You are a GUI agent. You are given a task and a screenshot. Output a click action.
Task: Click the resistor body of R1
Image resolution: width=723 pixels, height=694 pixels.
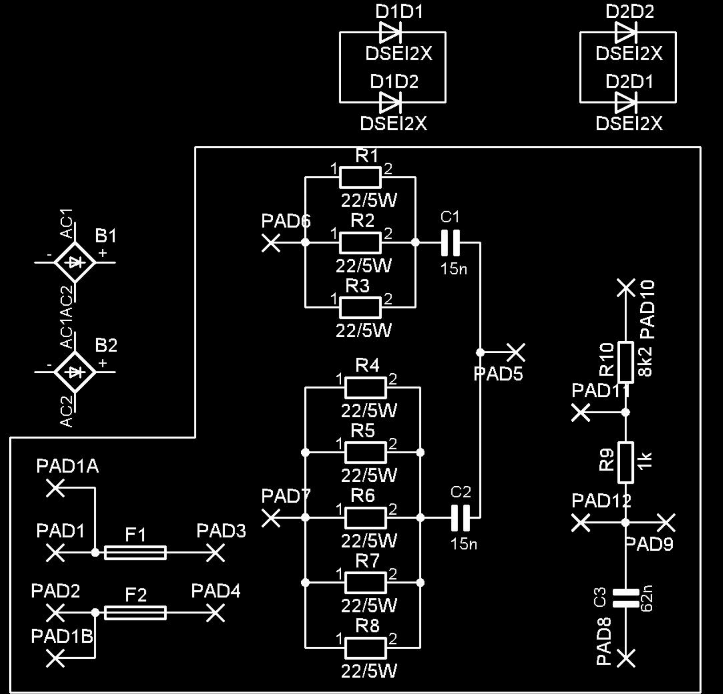[x=360, y=177]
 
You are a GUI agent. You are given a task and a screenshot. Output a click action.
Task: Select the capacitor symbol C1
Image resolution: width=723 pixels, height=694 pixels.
[x=450, y=243]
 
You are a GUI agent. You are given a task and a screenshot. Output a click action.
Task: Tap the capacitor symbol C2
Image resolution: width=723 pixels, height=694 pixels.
[x=460, y=518]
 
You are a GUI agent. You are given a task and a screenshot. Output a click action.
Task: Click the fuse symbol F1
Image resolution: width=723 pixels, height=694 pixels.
[x=135, y=553]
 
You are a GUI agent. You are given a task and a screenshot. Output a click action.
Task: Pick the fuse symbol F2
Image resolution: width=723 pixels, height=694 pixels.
[x=135, y=613]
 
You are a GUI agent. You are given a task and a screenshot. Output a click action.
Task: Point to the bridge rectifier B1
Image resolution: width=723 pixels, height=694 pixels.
[x=75, y=262]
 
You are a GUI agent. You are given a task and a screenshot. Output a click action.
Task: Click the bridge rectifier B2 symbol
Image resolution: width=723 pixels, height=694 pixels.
[x=75, y=372]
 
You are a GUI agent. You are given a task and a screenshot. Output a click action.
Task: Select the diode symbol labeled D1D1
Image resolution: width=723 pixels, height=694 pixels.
[x=391, y=32]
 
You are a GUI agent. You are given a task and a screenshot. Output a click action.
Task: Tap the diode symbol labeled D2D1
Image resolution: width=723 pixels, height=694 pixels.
[x=626, y=102]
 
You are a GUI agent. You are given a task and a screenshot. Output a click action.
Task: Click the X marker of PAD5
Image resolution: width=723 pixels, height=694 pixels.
[x=516, y=352]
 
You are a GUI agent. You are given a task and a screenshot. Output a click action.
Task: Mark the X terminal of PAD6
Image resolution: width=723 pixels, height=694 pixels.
[x=271, y=243]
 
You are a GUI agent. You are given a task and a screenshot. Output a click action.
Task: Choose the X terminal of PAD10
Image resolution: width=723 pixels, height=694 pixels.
[x=626, y=287]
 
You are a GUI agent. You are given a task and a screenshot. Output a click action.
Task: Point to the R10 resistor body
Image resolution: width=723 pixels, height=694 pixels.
[x=626, y=362]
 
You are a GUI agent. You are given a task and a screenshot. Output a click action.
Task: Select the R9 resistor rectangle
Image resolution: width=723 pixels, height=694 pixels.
[x=626, y=463]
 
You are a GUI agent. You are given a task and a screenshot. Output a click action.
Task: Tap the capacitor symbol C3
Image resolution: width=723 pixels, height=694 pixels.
[x=626, y=598]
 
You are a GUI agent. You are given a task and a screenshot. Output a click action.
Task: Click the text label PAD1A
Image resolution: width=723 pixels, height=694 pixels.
[x=67, y=466]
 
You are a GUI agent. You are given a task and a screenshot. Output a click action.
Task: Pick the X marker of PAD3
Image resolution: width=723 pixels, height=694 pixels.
[x=216, y=553]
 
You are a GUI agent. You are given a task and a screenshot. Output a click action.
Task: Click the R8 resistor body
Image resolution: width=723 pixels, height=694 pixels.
[x=365, y=648]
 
